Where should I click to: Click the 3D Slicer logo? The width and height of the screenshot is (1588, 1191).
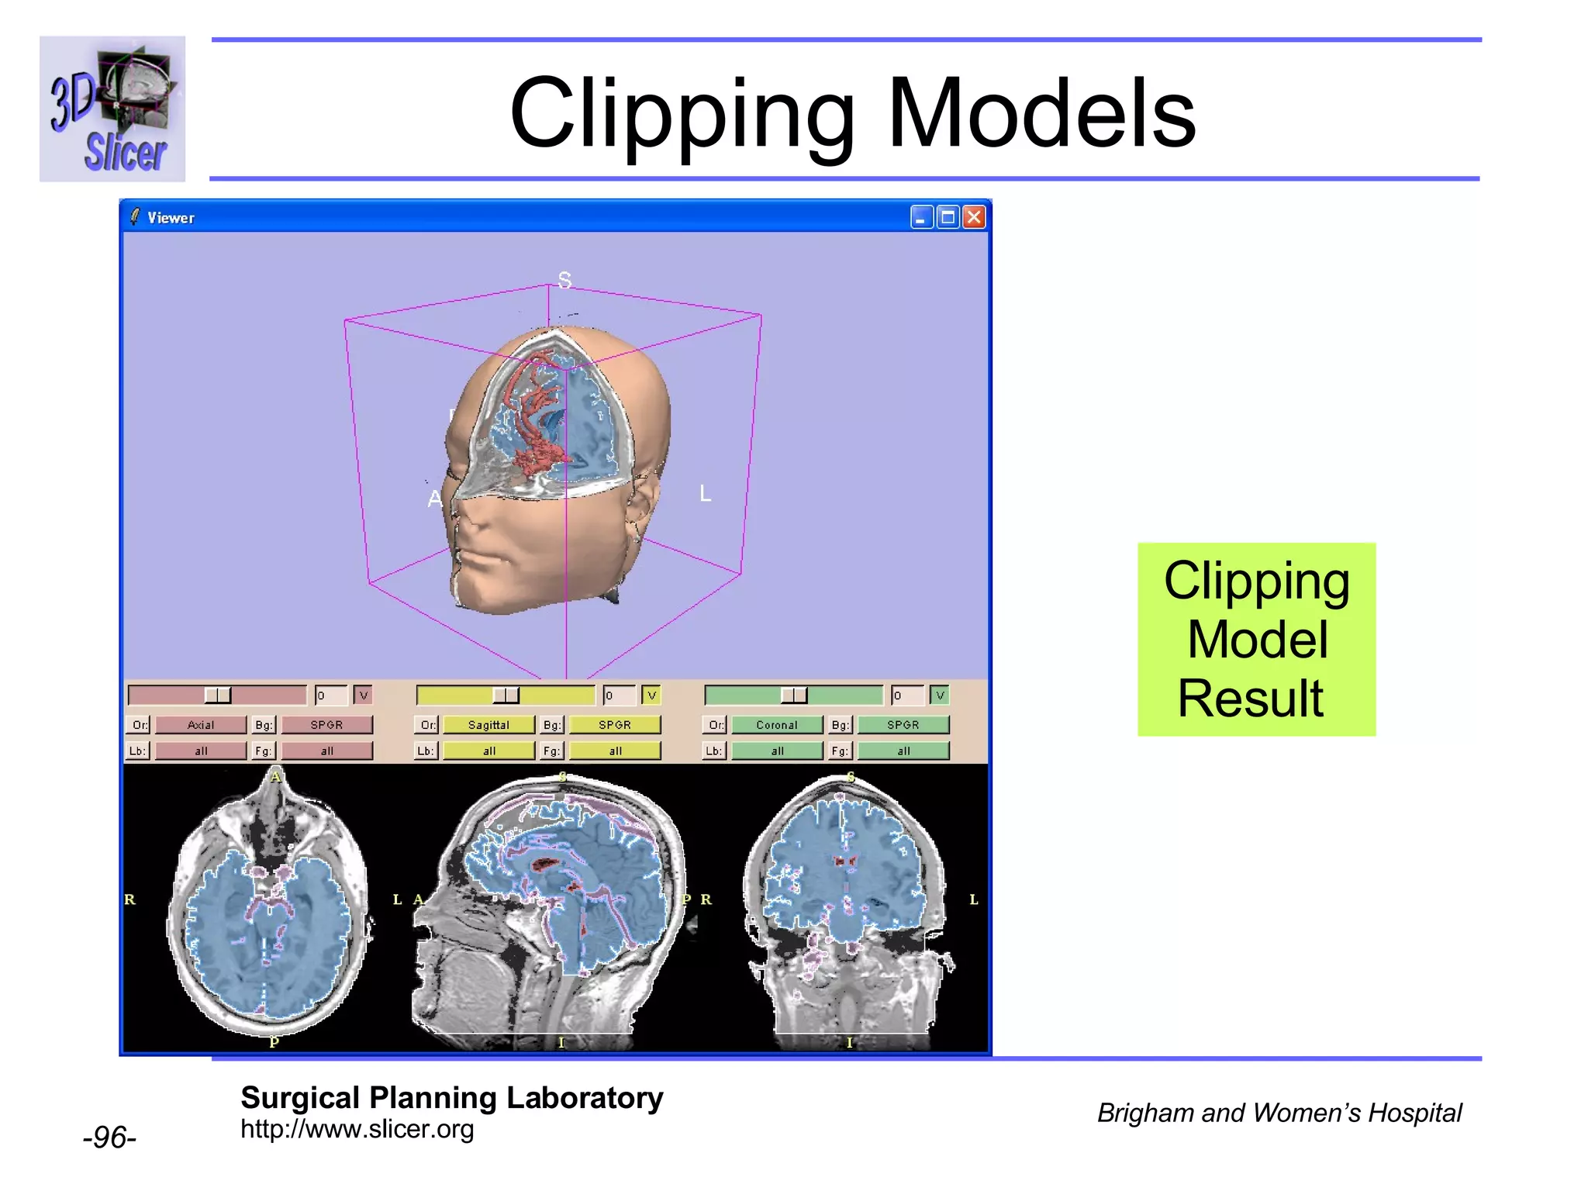tap(112, 109)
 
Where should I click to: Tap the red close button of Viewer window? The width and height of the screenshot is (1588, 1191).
tap(974, 217)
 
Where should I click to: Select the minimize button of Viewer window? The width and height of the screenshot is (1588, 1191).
tap(921, 217)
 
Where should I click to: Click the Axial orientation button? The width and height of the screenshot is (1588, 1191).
tap(201, 724)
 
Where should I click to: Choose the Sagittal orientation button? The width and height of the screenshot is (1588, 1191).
tap(488, 724)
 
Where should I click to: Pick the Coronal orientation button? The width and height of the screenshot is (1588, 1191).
tap(777, 724)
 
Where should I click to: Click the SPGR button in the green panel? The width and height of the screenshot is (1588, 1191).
tap(903, 724)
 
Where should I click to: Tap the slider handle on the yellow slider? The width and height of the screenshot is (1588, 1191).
tap(506, 695)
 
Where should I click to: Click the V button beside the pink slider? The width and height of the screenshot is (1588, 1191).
tap(363, 695)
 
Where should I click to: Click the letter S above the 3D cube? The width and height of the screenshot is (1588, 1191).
tap(564, 280)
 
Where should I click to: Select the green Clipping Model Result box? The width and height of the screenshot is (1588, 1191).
tap(1256, 639)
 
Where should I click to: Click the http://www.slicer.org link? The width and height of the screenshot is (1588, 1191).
tap(357, 1129)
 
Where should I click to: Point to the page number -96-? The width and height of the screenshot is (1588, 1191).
tap(109, 1137)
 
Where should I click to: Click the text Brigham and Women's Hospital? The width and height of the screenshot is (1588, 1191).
tap(1279, 1113)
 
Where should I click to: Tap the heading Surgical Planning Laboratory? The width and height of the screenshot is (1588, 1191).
tap(451, 1097)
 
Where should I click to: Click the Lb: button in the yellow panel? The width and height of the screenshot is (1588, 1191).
tap(426, 751)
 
